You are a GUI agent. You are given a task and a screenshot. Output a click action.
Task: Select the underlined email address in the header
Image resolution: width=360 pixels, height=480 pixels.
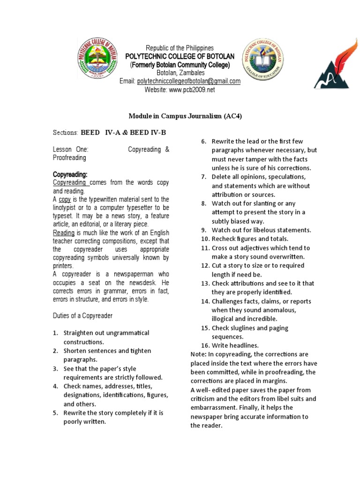pos(188,81)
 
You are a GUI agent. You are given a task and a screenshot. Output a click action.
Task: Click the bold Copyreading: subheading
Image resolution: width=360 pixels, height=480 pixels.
pos(70,174)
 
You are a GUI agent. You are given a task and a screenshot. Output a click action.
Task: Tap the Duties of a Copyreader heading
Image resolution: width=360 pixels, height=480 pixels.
pos(82,315)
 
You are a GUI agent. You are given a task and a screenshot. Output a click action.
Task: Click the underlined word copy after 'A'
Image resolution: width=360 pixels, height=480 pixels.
pos(65,199)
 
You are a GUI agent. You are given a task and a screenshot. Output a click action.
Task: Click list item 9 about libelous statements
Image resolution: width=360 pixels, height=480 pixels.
pos(261,230)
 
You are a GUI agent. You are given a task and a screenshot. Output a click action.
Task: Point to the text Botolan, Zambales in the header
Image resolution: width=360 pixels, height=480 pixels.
pos(180,73)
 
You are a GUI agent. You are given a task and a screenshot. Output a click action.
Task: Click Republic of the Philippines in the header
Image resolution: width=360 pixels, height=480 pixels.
pos(180,48)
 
